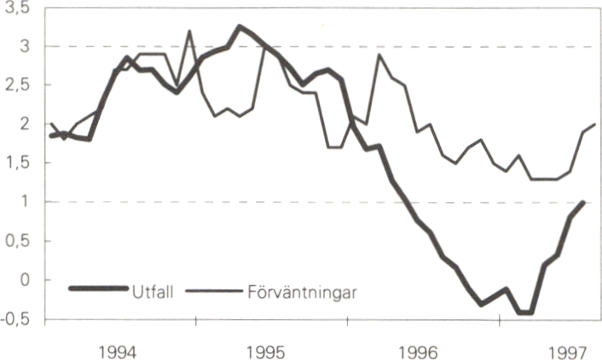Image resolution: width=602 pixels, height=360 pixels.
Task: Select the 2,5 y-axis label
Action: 16,85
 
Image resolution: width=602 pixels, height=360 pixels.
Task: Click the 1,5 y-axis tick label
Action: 16,163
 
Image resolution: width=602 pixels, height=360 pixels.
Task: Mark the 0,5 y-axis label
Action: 16,241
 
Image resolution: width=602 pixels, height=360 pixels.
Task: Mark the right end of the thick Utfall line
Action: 583,202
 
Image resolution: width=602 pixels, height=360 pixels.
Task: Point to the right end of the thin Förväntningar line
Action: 595,125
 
